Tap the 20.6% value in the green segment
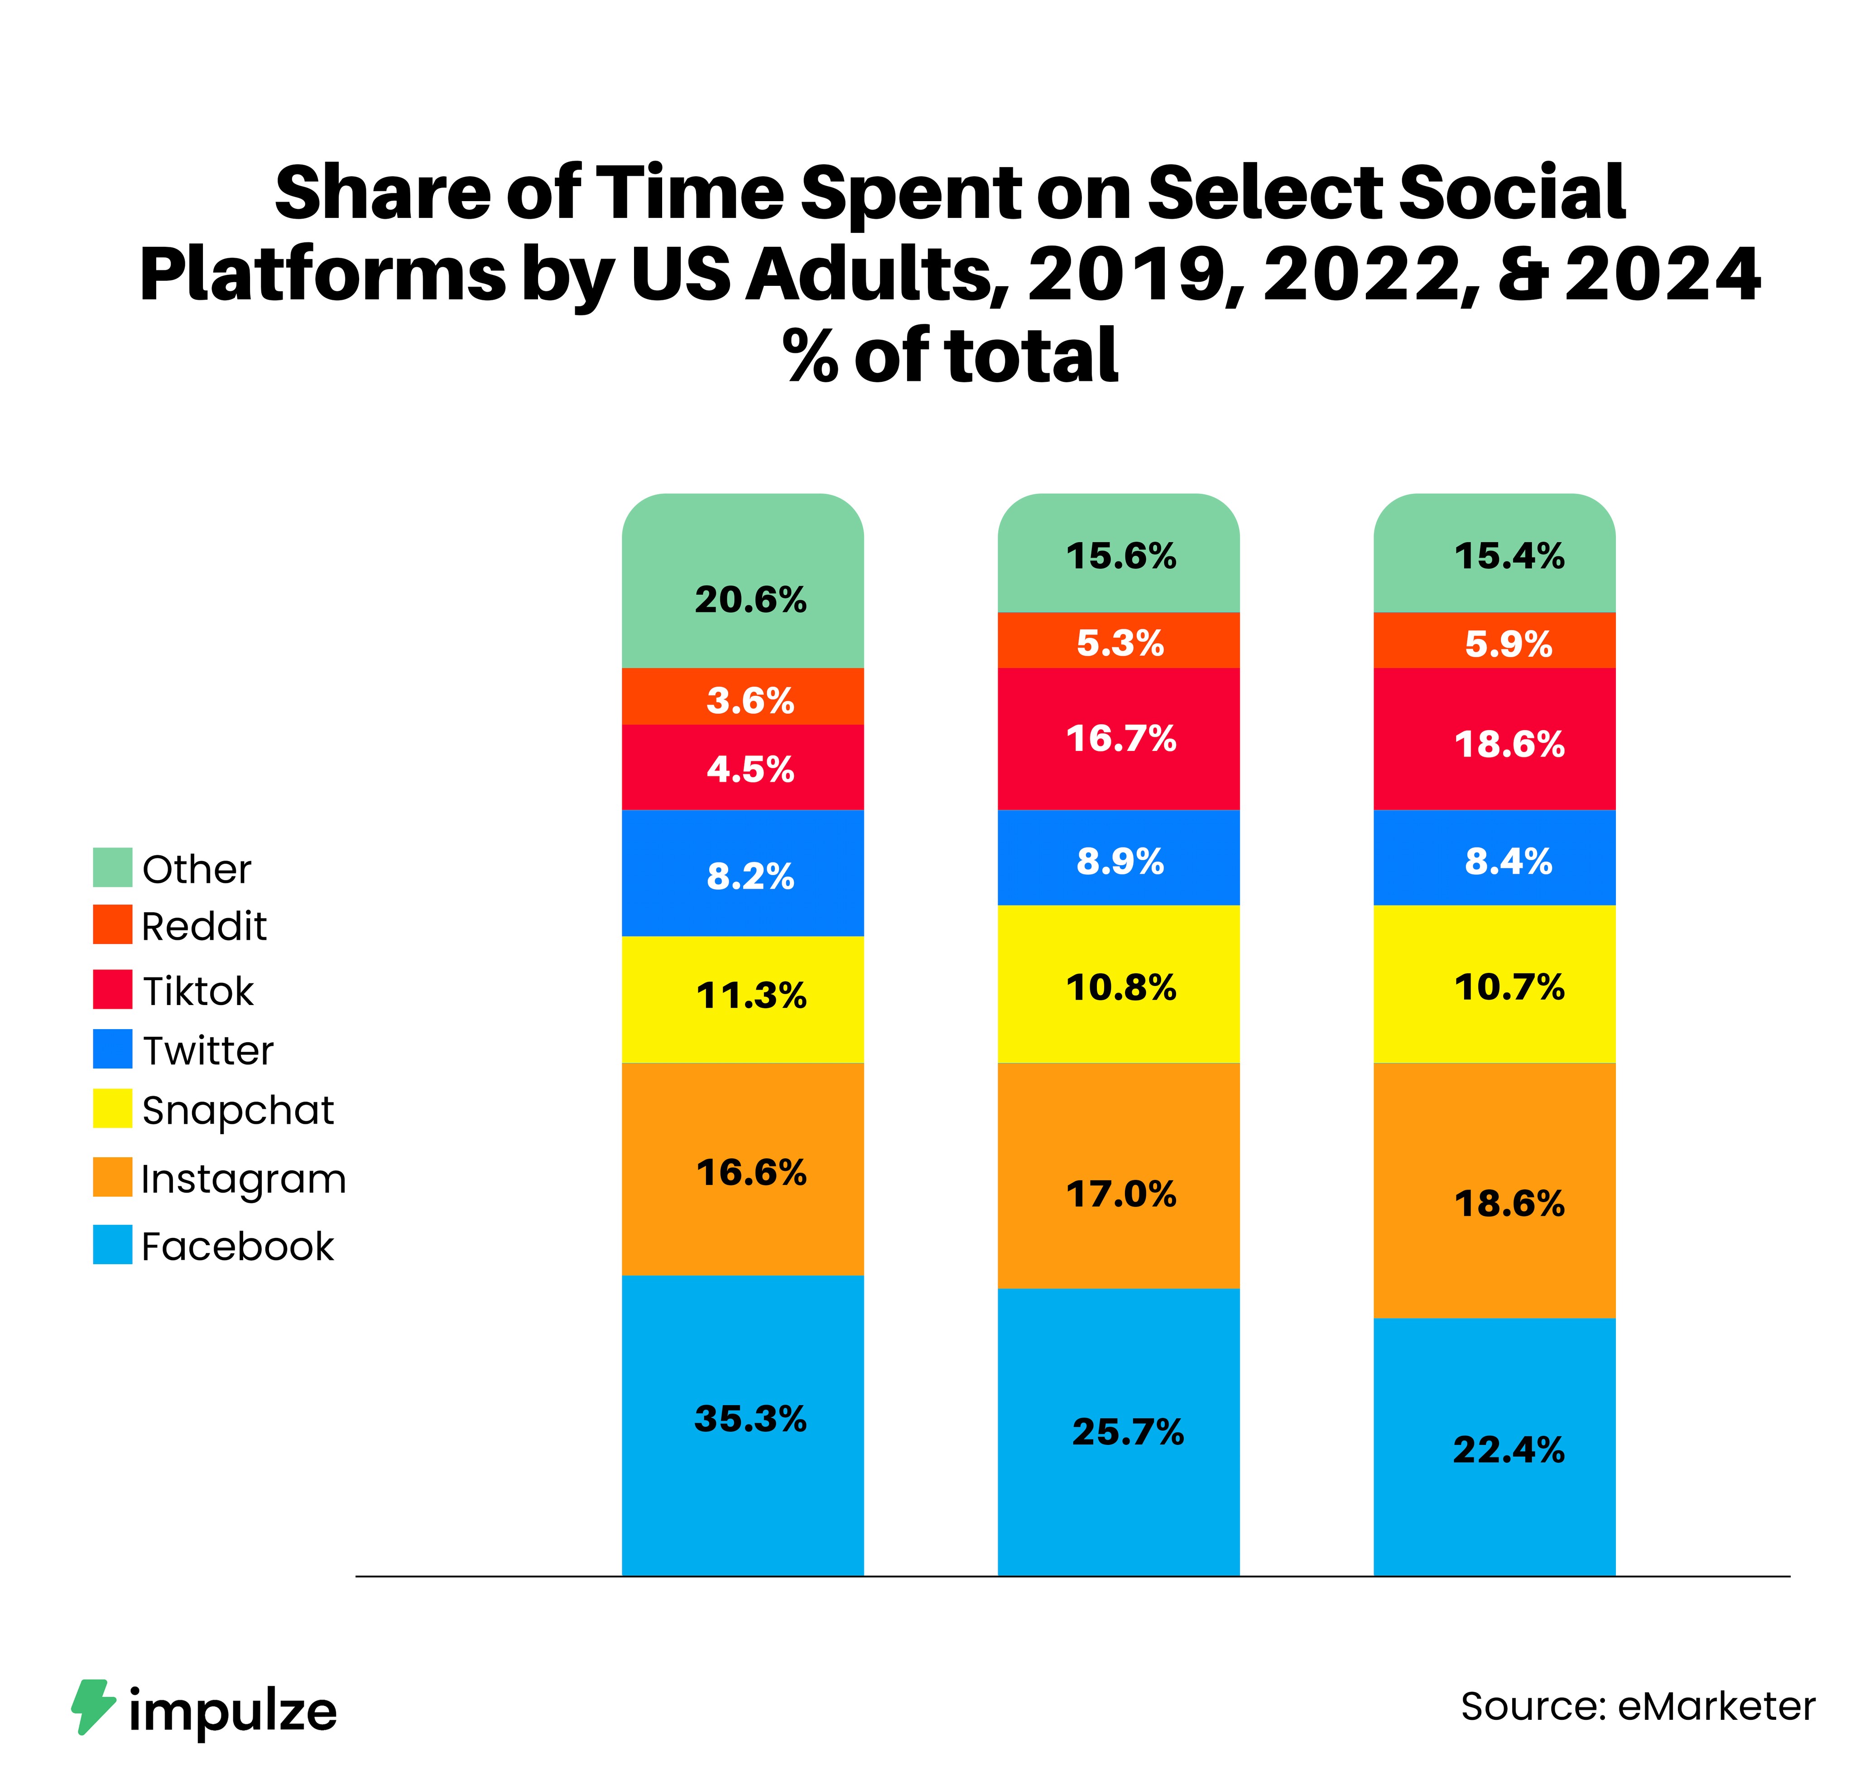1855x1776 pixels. (x=750, y=599)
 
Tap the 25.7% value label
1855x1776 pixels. (x=1127, y=1431)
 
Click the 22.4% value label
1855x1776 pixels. (x=1509, y=1449)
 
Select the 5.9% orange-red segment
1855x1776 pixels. (x=1509, y=644)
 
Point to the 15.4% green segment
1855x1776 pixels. (x=1509, y=556)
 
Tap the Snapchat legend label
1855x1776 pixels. (x=238, y=1110)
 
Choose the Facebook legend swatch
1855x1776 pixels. (x=112, y=1245)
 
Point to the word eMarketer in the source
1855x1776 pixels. (x=1716, y=1706)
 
